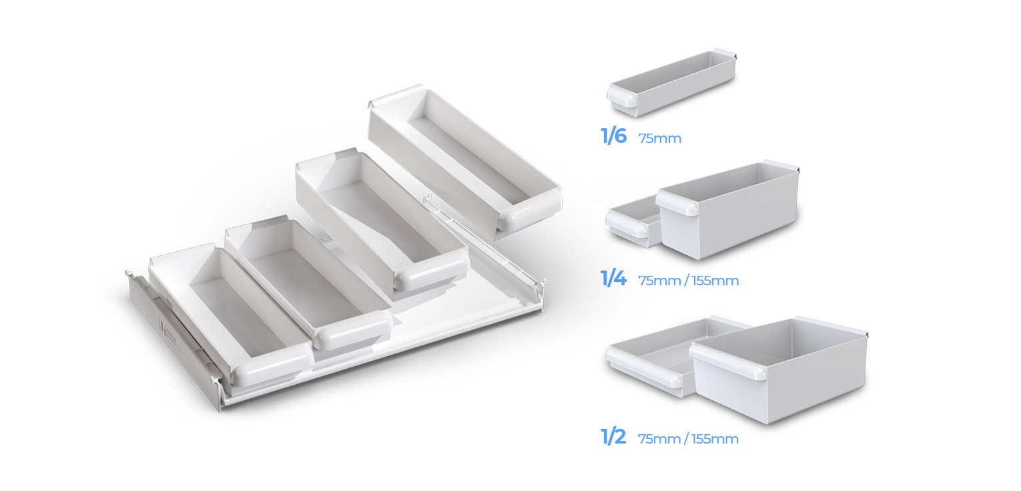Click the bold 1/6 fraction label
(x=613, y=136)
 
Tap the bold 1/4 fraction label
(x=613, y=279)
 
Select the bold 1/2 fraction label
(x=613, y=437)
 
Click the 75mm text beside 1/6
(x=659, y=138)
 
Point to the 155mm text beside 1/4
(x=715, y=281)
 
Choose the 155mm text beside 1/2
(x=715, y=439)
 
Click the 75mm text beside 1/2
(x=659, y=439)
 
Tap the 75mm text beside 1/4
(x=659, y=281)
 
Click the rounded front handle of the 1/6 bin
(x=622, y=98)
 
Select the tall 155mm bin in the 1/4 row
(x=727, y=210)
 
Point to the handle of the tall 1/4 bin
(x=677, y=203)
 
